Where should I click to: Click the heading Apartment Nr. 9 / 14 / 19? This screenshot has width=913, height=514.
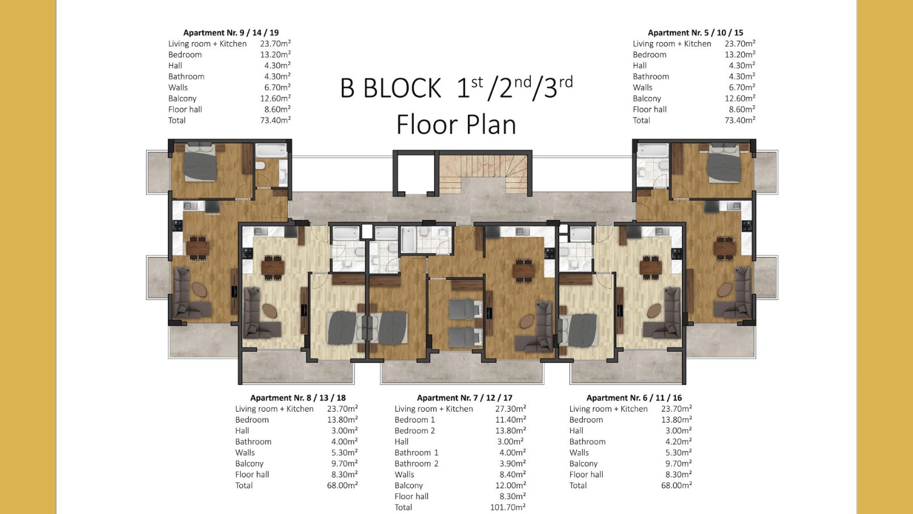pyautogui.click(x=231, y=33)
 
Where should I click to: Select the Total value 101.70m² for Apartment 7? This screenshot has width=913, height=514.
pyautogui.click(x=508, y=507)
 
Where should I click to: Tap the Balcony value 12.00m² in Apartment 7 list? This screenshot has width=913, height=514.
pyautogui.click(x=508, y=485)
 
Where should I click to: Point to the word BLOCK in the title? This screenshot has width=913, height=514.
pyautogui.click(x=402, y=88)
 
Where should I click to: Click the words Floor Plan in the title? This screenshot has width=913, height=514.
pyautogui.click(x=456, y=125)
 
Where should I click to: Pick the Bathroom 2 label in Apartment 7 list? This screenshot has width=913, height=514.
pyautogui.click(x=416, y=463)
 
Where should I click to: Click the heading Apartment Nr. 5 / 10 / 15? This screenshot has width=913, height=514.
pyautogui.click(x=696, y=33)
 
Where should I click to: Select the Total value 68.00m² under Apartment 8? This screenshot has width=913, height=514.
pyautogui.click(x=342, y=485)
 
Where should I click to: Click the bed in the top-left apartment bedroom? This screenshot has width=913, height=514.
pyautogui.click(x=199, y=162)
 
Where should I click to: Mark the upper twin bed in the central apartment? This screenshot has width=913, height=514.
pyautogui.click(x=465, y=309)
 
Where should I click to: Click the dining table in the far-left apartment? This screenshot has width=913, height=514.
pyautogui.click(x=197, y=247)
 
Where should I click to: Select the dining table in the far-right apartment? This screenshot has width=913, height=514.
pyautogui.click(x=725, y=247)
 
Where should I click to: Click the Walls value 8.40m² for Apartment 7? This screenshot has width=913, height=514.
pyautogui.click(x=512, y=475)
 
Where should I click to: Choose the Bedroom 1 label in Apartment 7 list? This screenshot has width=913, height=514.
pyautogui.click(x=414, y=419)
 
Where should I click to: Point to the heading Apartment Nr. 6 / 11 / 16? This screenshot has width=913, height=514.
pyautogui.click(x=634, y=397)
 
